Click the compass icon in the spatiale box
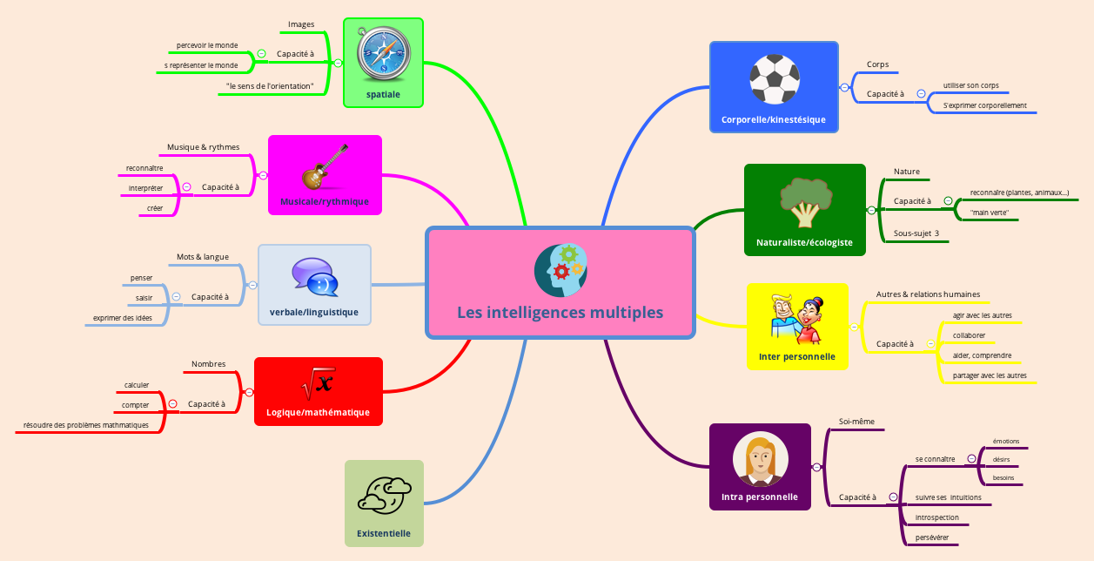(383, 53)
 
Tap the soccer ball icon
(774, 78)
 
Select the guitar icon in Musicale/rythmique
(325, 167)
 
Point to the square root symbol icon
(318, 382)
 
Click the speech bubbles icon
(314, 277)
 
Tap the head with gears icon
(560, 269)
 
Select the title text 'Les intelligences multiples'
(560, 312)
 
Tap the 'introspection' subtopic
(937, 517)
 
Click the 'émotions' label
(1005, 441)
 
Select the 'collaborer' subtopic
(969, 335)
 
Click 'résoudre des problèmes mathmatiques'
(86, 425)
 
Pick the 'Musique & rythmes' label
(203, 147)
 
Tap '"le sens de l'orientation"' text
(269, 86)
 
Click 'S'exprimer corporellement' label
(984, 105)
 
